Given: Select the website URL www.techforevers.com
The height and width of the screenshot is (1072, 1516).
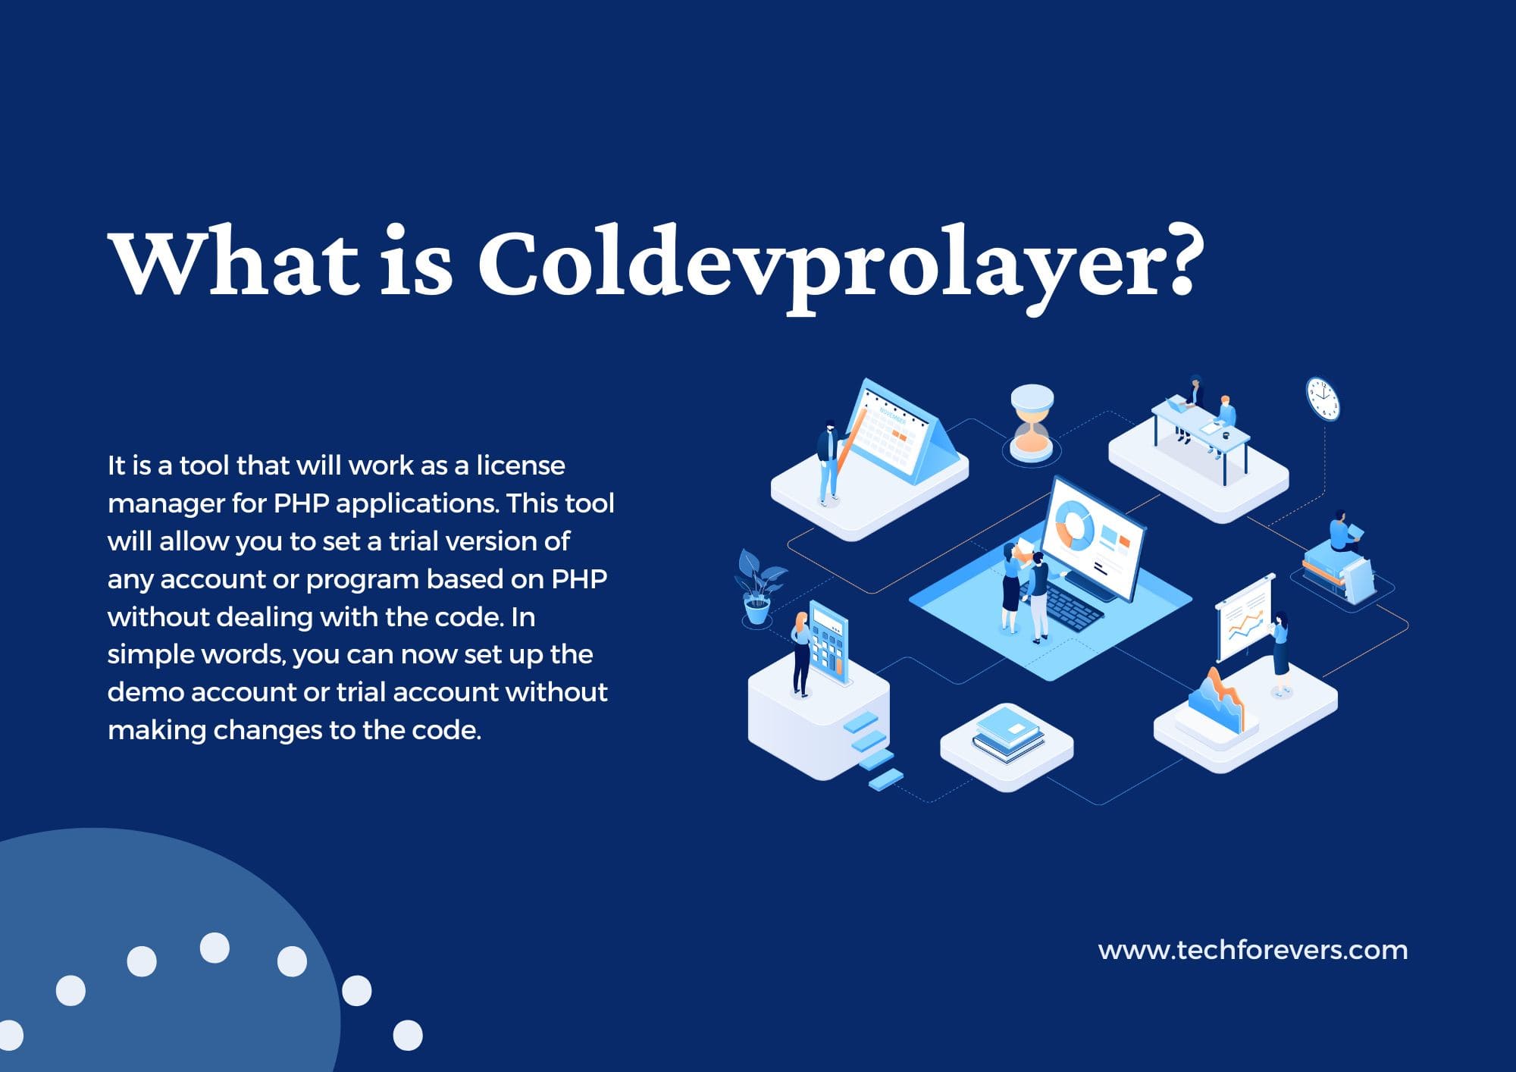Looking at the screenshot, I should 1252,950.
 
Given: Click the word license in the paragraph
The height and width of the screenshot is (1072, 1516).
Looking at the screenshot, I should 520,465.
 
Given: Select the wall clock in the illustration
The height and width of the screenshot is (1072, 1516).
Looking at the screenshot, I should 1323,399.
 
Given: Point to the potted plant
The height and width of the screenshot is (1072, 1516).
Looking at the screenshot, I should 758,588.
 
